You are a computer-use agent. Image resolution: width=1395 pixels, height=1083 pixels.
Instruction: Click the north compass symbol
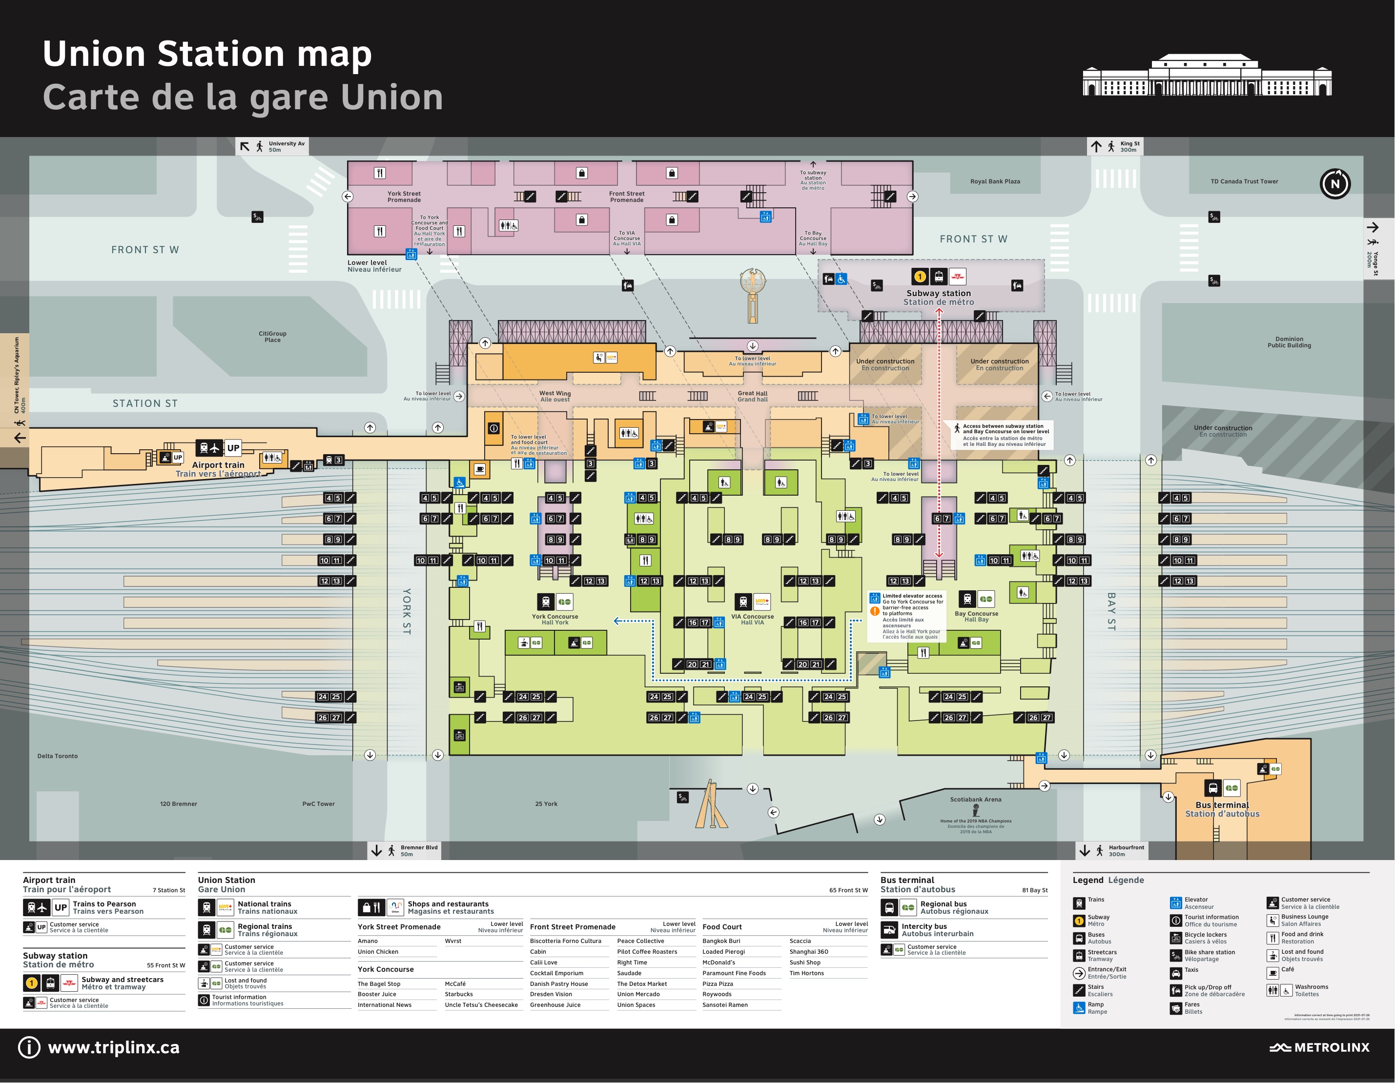coord(1334,184)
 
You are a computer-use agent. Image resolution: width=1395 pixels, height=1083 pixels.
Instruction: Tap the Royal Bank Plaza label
coord(995,181)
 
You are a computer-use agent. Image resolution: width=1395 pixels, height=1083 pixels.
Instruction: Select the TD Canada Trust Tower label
coord(1244,181)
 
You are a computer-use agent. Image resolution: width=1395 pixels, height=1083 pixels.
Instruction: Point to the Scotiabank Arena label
coord(975,800)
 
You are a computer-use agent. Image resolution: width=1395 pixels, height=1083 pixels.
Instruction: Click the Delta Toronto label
coord(58,756)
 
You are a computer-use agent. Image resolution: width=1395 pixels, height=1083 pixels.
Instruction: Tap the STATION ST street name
coord(145,403)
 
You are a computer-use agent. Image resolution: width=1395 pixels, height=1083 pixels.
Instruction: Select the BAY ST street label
coord(1111,611)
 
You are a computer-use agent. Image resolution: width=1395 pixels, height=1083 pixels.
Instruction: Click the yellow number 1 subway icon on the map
coord(919,277)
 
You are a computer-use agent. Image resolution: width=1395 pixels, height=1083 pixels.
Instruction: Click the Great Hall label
coord(753,396)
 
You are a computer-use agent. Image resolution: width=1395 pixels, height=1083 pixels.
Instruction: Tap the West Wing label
coord(554,396)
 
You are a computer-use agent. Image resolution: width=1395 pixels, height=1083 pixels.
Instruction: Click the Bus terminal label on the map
coord(1222,809)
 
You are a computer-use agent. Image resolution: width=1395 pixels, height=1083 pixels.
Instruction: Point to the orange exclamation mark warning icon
coord(874,611)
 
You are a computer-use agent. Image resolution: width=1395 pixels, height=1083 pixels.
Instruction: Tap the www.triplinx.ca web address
coord(114,1047)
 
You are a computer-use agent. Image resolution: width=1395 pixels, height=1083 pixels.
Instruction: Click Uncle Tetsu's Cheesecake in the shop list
coord(481,1005)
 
